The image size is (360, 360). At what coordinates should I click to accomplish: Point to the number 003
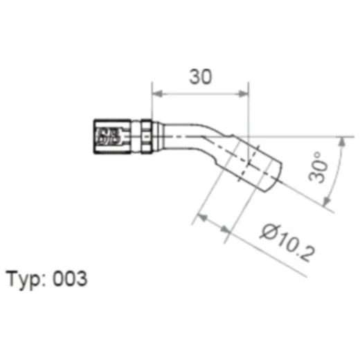tap(72, 280)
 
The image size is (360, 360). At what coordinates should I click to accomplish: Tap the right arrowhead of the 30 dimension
tap(243, 93)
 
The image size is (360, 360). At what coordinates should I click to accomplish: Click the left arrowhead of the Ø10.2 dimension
tap(203, 218)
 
